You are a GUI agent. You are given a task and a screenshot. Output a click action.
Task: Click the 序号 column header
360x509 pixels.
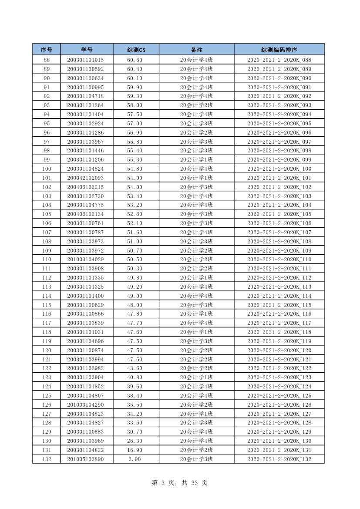[47, 50]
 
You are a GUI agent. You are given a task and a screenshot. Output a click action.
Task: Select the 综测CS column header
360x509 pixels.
[136, 50]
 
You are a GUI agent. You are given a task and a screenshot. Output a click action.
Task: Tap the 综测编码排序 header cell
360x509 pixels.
[279, 50]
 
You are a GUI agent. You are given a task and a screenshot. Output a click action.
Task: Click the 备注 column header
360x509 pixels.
[196, 50]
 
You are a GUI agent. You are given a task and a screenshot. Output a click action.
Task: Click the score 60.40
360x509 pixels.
[135, 69]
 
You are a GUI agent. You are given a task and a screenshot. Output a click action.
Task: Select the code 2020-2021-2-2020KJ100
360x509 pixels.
[279, 169]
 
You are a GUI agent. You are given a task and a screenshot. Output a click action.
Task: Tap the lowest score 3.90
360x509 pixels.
[135, 459]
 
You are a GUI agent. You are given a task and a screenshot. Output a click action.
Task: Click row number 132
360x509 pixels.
[47, 459]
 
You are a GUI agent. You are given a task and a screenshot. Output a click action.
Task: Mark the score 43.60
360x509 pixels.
[135, 368]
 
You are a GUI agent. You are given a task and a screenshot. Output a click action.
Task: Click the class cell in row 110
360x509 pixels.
[196, 260]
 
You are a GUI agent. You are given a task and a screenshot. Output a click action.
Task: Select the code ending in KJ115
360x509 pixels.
[279, 305]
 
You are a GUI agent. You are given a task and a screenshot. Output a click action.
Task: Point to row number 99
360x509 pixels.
[47, 160]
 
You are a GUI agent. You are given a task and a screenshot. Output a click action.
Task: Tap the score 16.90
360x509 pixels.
[135, 450]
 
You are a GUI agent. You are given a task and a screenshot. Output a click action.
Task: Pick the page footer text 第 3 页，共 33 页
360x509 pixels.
[179, 483]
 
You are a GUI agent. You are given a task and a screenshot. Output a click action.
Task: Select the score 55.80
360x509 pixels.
[135, 142]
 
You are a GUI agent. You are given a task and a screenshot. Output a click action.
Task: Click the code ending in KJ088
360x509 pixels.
[279, 60]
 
